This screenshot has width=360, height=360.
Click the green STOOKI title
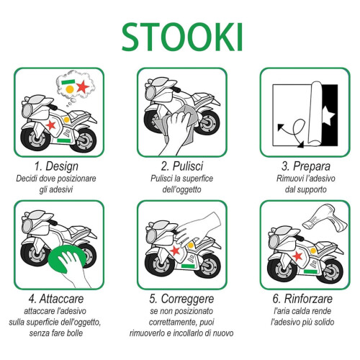182,37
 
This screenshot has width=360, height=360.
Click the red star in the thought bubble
83,86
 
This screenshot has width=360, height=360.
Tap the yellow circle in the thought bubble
70,89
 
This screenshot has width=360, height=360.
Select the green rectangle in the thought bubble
68,82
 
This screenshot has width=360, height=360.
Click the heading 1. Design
56,166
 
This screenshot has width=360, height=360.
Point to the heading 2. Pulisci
182,166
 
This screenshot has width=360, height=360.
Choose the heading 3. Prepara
306,166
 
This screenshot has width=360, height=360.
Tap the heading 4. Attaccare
56,299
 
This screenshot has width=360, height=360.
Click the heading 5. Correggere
181,299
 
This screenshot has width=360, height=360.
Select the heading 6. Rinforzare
302,299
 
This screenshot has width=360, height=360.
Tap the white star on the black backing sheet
328,116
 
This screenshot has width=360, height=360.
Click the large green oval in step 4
67,258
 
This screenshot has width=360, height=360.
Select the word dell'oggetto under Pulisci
182,189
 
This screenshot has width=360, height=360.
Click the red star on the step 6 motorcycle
297,256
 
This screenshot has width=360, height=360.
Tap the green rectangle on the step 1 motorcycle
64,140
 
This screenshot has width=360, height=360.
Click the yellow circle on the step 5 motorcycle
191,246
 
